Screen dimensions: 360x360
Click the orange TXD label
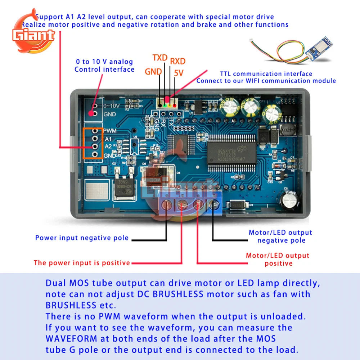(x=160, y=58)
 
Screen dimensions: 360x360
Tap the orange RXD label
(x=178, y=61)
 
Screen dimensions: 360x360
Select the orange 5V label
(x=179, y=73)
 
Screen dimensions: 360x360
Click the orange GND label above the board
(x=153, y=72)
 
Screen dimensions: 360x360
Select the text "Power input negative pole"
(x=82, y=238)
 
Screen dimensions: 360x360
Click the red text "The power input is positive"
(x=82, y=262)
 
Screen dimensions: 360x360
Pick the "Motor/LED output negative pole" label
(x=280, y=236)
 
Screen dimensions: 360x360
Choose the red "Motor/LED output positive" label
(x=278, y=259)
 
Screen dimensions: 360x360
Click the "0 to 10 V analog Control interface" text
(x=104, y=66)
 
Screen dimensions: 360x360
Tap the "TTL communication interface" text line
(x=266, y=74)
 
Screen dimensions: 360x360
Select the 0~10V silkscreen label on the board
(x=111, y=106)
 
